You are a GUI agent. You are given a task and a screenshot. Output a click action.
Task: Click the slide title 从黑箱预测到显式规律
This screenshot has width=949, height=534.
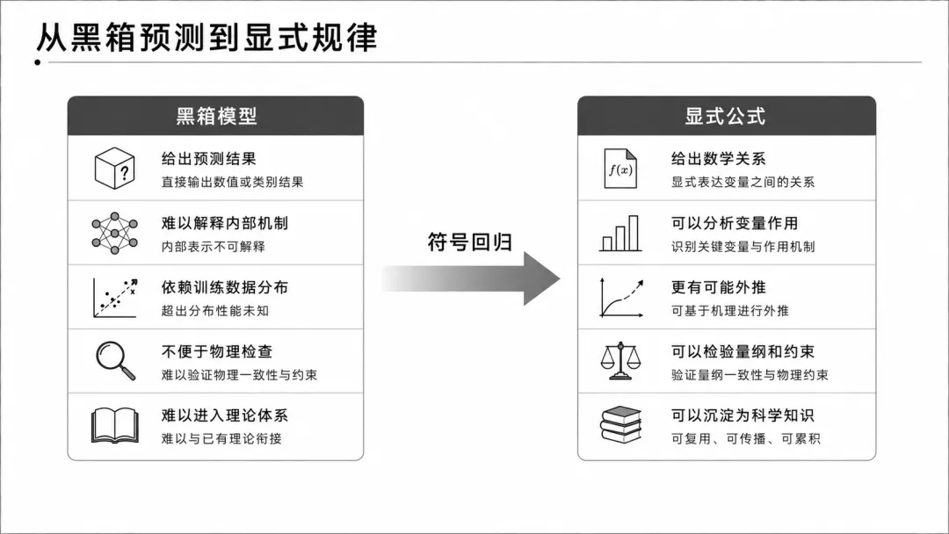coord(206,38)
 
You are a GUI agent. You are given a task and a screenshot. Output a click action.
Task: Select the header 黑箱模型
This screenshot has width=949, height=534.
coord(217,116)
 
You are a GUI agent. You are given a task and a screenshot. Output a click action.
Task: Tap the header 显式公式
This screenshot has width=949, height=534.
coord(725,116)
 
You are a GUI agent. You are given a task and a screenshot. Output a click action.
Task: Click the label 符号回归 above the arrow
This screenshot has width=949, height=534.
coord(469,242)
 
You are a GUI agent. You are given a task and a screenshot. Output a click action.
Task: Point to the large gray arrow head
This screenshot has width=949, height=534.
coord(541,278)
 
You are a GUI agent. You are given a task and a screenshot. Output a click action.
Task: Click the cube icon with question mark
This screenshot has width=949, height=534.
coord(114,168)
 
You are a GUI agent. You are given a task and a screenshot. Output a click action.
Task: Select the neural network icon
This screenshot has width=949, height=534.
coord(114,233)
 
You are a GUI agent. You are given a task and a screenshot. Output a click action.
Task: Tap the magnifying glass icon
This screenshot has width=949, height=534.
coord(116,361)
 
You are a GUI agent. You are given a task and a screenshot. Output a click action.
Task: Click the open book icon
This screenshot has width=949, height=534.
coord(114,426)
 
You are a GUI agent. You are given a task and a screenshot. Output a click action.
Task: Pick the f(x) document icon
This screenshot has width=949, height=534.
coord(620,169)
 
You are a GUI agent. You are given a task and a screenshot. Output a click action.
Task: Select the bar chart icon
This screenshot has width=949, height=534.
coord(620,234)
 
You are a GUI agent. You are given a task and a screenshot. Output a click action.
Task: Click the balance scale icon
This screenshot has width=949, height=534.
coord(620,361)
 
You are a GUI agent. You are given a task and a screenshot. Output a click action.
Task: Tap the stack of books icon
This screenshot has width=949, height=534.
coord(620,425)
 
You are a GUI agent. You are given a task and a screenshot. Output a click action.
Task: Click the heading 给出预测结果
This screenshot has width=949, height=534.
coord(209,159)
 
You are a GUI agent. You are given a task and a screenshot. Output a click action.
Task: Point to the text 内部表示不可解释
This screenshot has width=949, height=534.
coord(213,247)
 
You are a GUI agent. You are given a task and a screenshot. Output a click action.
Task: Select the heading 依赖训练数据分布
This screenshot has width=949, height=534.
coord(225,287)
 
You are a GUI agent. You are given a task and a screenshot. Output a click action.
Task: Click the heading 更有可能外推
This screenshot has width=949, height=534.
coord(719,287)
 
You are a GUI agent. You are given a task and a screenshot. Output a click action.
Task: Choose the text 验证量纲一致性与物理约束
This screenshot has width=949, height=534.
coord(750,375)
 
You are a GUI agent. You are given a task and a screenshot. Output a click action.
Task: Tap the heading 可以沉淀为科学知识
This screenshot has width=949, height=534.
coord(743,415)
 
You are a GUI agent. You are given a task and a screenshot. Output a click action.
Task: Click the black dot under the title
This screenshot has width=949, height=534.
coord(38,61)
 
